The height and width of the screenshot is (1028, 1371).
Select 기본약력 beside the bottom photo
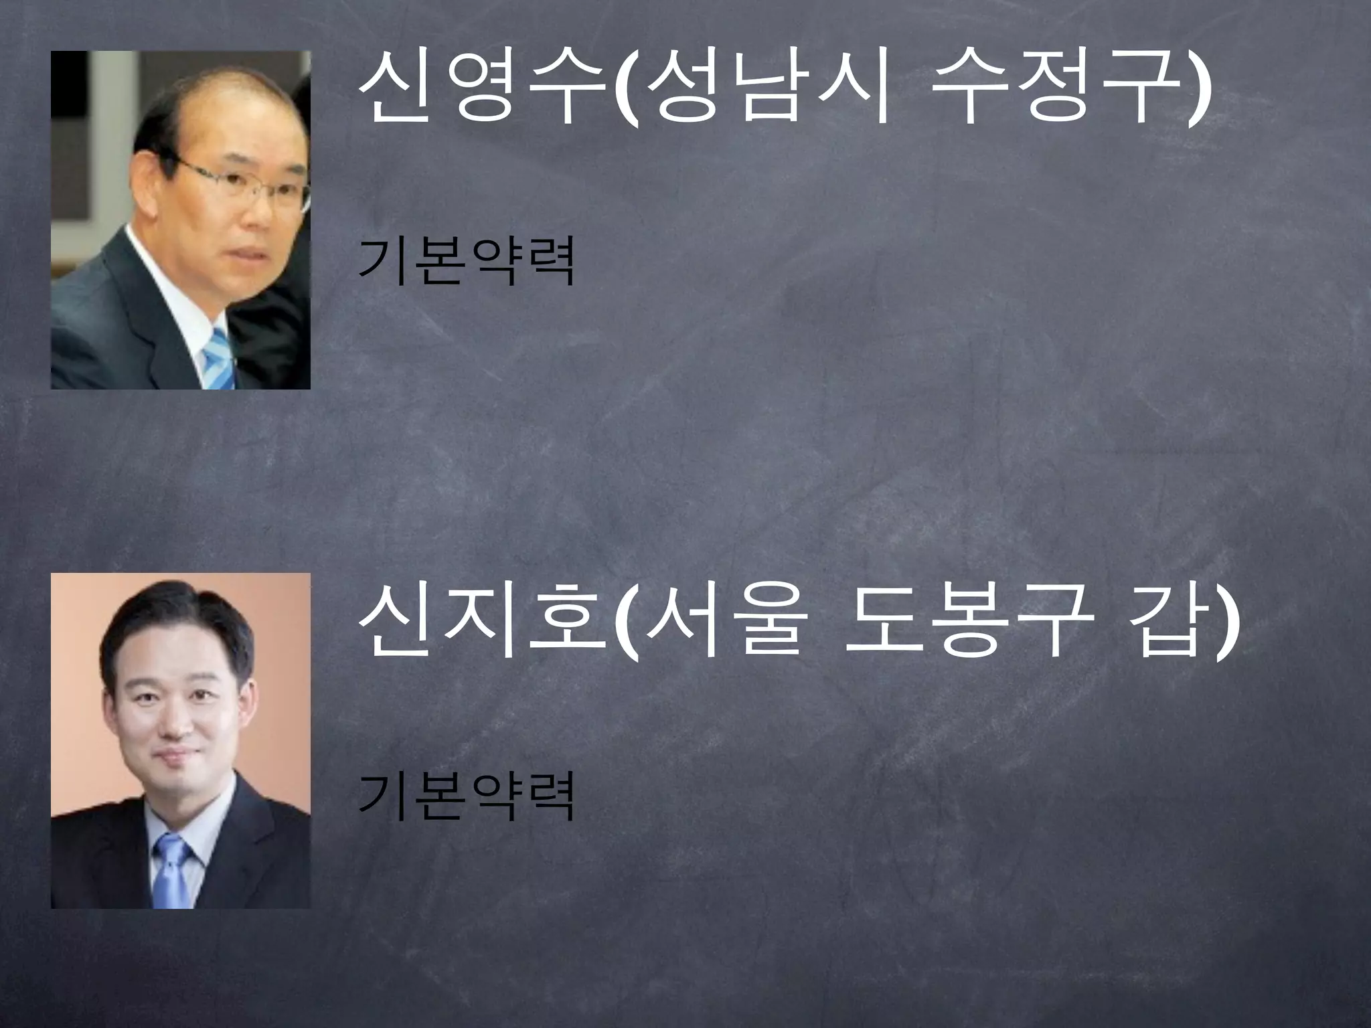click(x=467, y=796)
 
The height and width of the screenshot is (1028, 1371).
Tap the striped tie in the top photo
click(x=218, y=358)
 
